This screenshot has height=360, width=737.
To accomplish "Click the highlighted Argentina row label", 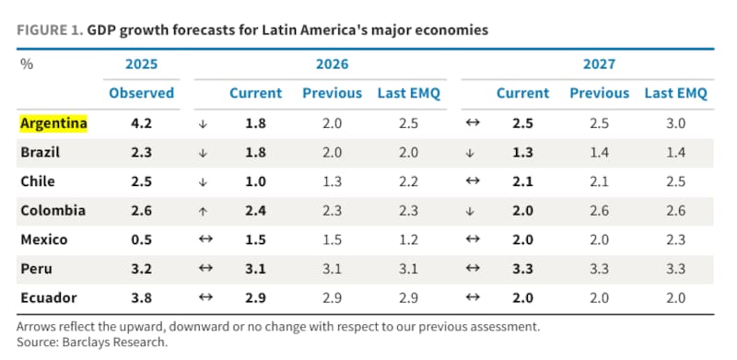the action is [53, 123].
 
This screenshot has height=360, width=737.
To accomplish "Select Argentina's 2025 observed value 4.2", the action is [142, 123].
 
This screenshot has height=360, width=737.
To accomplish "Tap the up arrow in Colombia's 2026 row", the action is [203, 211].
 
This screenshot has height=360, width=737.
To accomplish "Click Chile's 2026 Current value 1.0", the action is [255, 182].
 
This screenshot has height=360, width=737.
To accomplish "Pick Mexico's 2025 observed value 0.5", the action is [142, 239].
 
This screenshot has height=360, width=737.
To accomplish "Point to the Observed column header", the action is [142, 93].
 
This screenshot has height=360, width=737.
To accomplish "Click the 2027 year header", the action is [600, 64].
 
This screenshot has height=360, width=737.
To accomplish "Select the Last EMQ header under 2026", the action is [409, 93].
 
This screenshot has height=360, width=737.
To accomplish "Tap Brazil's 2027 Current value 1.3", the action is [522, 153].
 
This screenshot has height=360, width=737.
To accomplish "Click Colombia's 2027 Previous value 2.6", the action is [600, 211].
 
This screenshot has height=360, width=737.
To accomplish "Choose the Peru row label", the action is [36, 269].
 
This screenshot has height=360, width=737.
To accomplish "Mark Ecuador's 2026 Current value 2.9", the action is [255, 298].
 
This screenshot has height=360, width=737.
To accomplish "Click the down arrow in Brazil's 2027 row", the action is [470, 153].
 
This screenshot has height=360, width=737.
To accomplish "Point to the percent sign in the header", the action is [27, 64].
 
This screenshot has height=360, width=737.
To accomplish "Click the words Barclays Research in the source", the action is [114, 343].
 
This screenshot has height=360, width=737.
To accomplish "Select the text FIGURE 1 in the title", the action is [51, 30].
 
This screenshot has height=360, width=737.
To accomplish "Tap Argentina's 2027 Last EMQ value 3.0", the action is [675, 123].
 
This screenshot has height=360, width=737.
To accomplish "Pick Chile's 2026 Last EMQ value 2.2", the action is [408, 182].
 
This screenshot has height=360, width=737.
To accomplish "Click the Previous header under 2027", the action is [600, 93].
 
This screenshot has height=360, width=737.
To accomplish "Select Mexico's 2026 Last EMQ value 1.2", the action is [408, 239].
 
